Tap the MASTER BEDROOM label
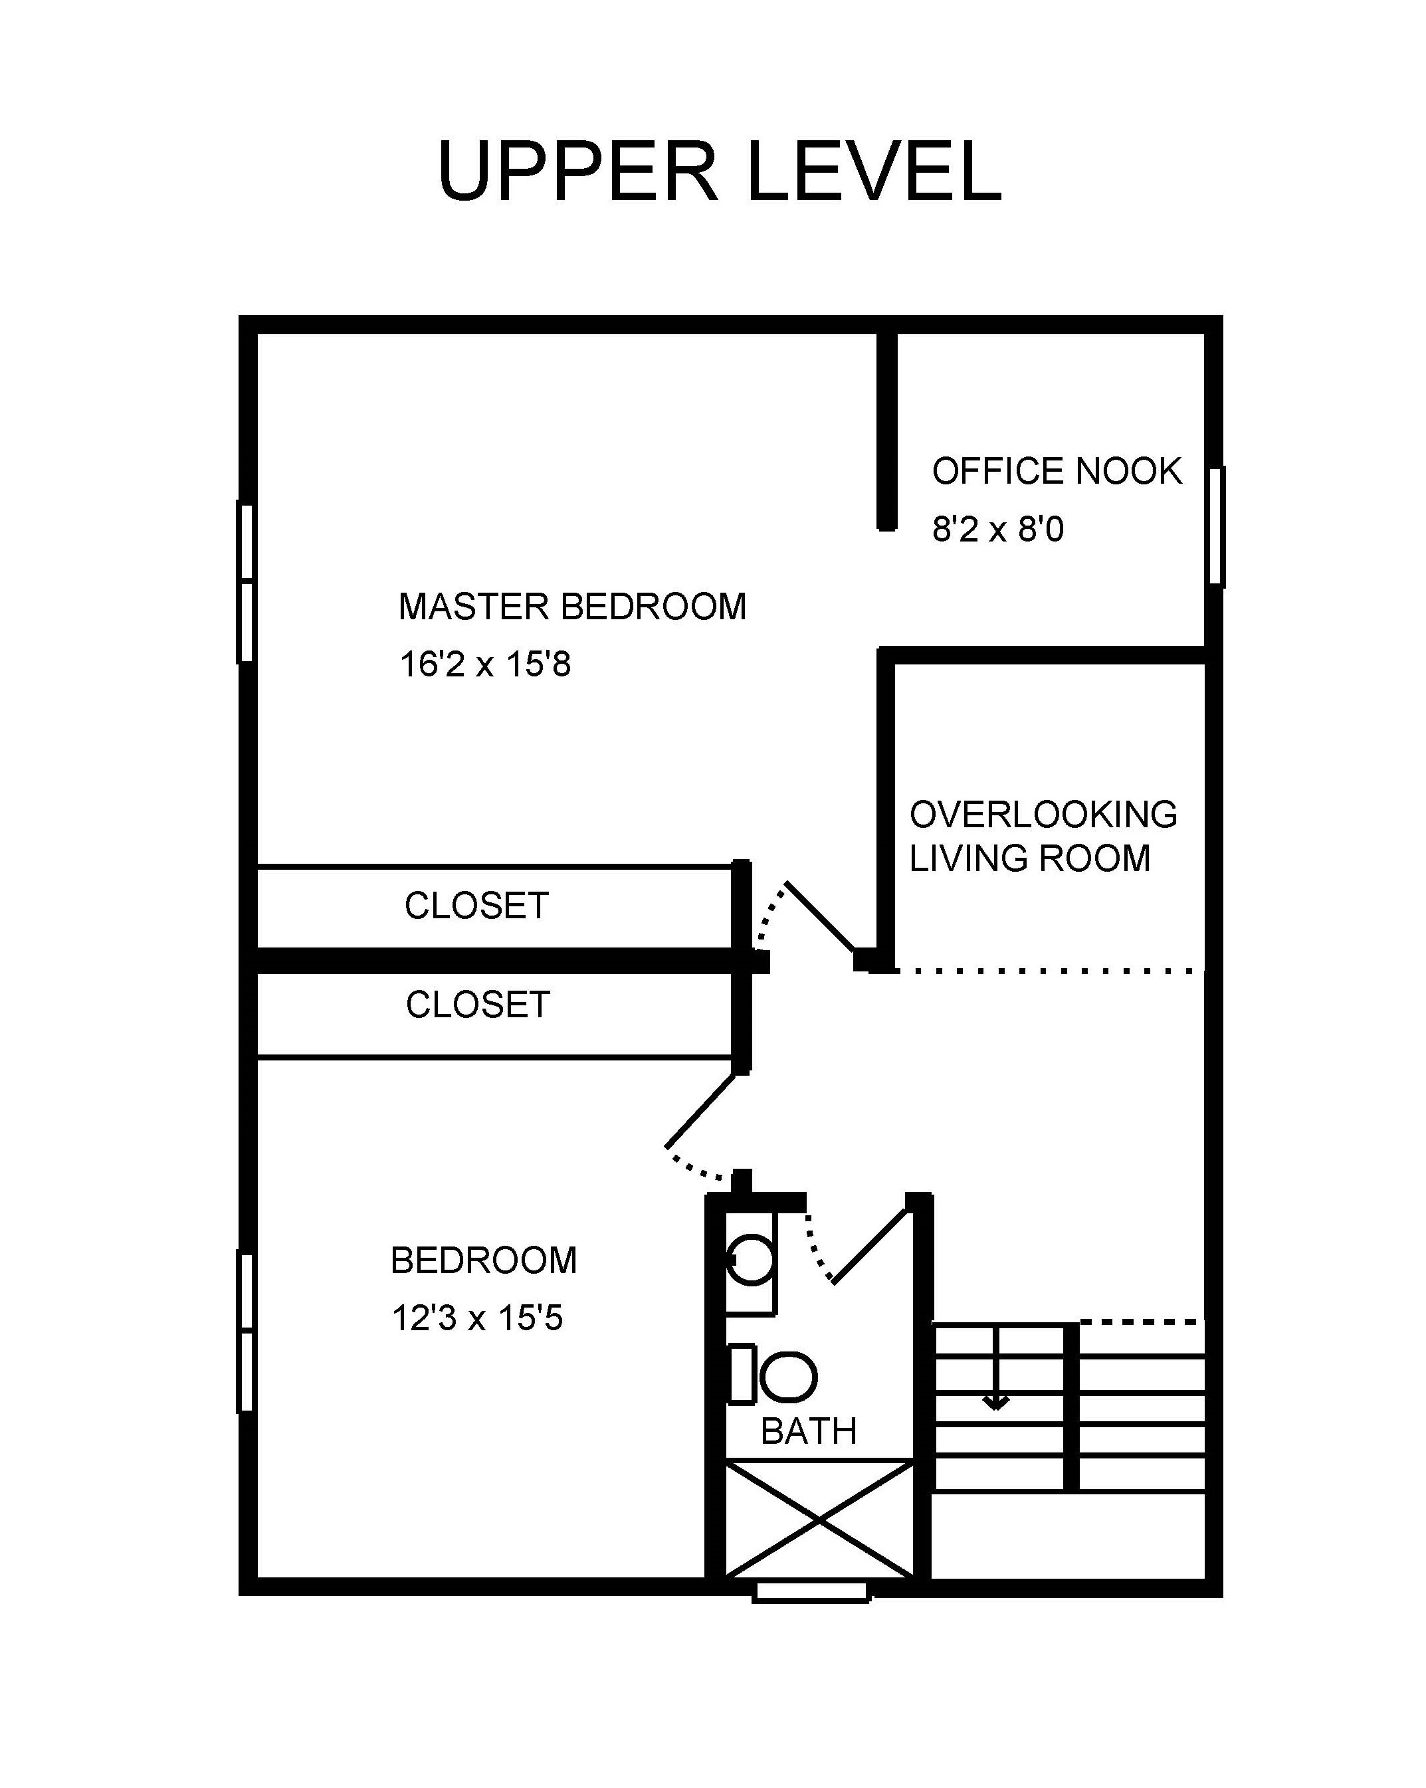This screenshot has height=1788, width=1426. pos(572,607)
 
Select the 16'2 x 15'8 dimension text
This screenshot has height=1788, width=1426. pos(485,665)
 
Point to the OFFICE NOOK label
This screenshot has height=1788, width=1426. pos(1057,471)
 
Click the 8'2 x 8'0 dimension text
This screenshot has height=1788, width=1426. pos(998,529)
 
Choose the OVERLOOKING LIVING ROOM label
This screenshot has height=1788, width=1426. pos(1043,837)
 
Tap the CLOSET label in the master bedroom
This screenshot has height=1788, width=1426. pos(477,906)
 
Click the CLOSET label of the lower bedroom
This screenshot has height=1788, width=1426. pos(478,1005)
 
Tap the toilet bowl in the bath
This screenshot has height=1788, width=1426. pos(789,1377)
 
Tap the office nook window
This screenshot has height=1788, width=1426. pos(1216,526)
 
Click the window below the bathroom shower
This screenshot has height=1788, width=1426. pos(811,1591)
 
